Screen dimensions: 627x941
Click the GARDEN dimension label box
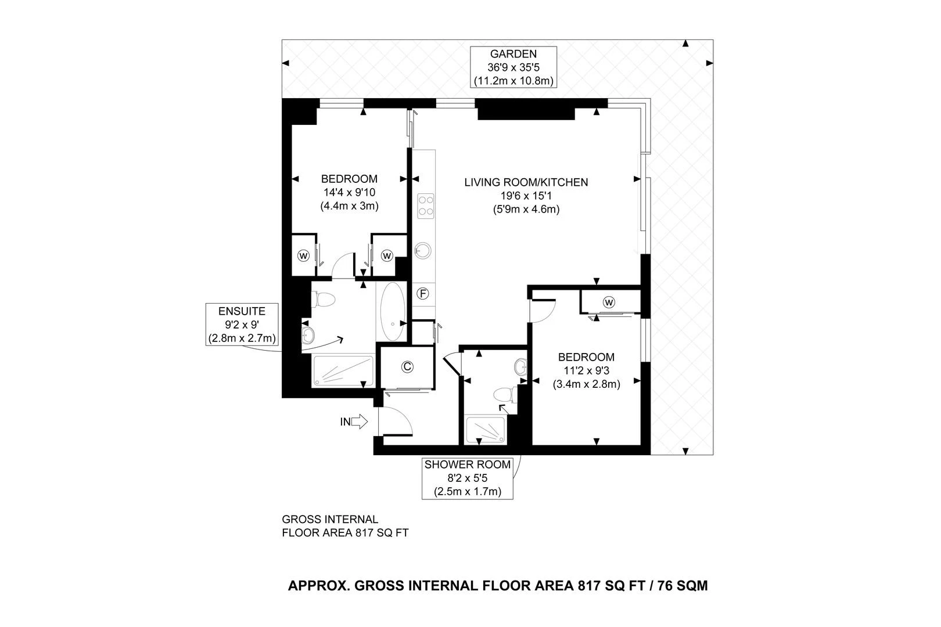click(513, 67)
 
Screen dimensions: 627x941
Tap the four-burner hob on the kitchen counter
click(426, 206)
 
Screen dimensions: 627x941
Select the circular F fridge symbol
click(423, 294)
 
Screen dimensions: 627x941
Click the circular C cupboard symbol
click(408, 366)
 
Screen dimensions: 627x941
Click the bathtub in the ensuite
click(393, 312)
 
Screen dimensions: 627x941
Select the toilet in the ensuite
click(323, 300)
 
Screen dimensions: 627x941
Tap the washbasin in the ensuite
click(308, 334)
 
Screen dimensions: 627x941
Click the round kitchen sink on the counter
click(423, 251)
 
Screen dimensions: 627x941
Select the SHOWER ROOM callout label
click(468, 478)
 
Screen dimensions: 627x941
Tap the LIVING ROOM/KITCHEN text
click(526, 182)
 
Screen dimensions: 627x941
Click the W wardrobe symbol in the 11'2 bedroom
click(609, 302)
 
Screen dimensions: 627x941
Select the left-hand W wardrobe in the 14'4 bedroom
click(303, 255)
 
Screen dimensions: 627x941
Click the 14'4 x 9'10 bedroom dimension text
click(349, 192)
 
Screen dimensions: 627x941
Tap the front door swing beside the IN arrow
click(395, 421)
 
